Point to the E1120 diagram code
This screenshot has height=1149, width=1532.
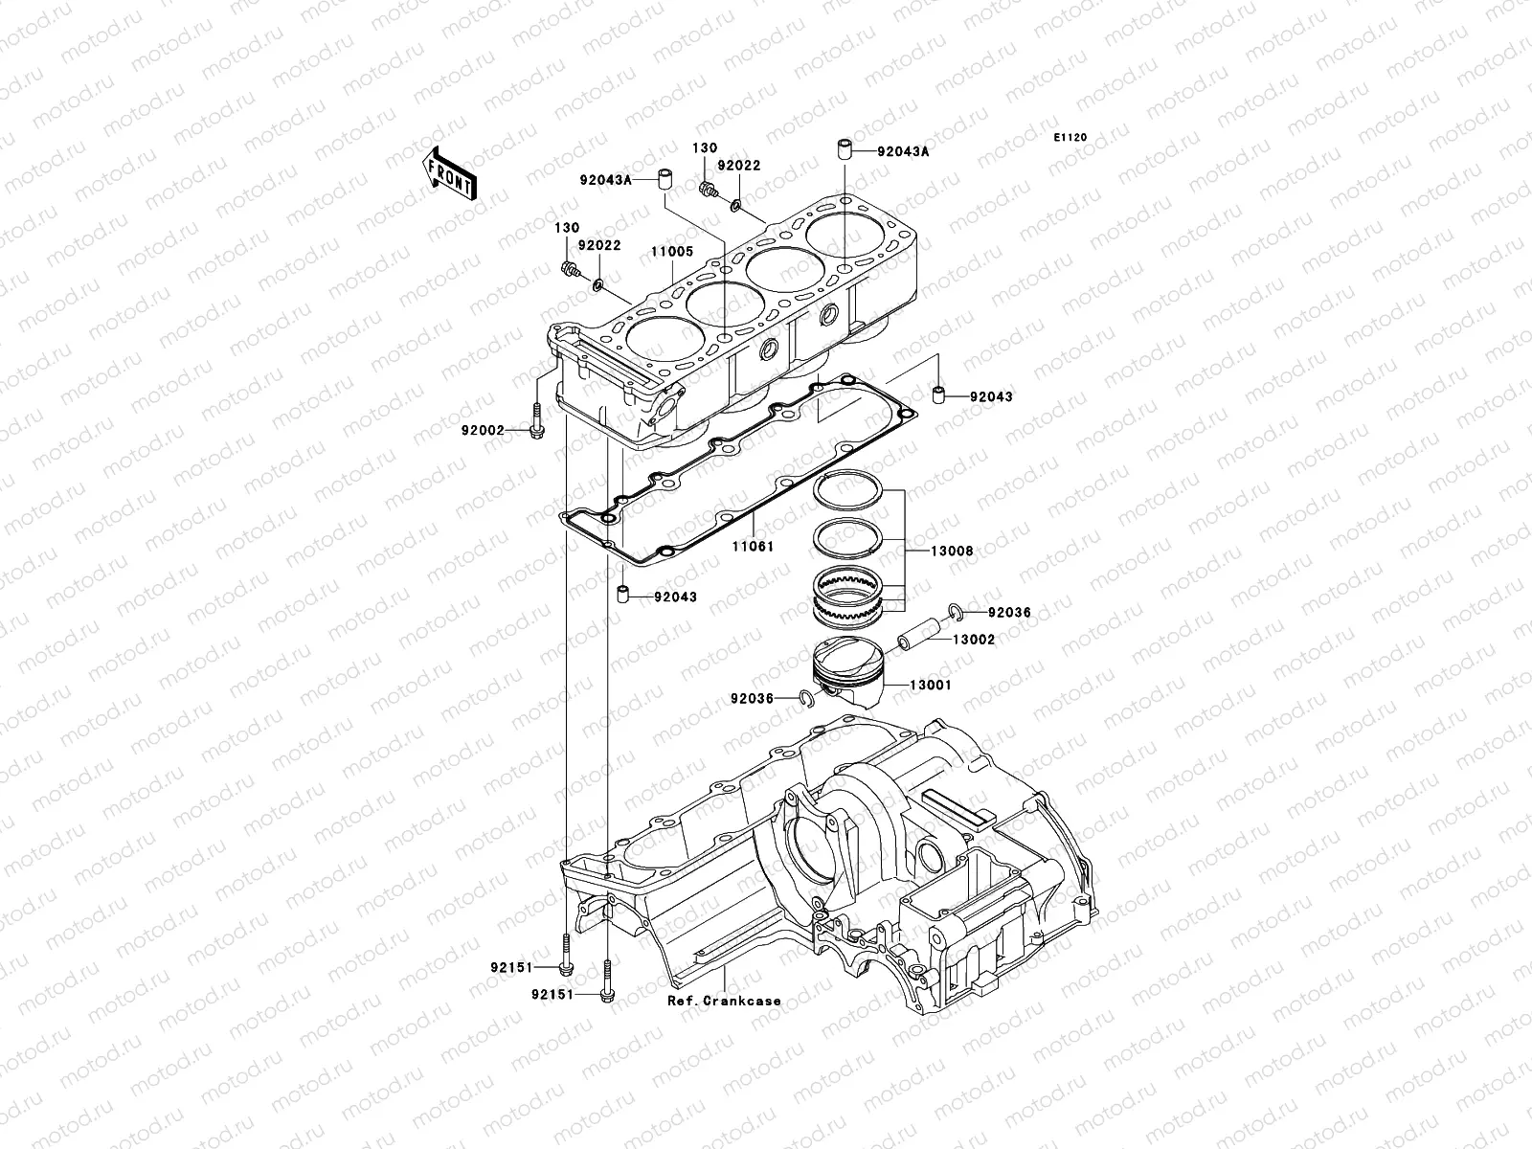tap(1070, 138)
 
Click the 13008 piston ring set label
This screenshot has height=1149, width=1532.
tap(954, 551)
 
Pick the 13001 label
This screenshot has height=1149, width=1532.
tap(930, 686)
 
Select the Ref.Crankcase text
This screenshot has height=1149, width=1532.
tap(724, 1001)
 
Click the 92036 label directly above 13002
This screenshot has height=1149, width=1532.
tap(1009, 612)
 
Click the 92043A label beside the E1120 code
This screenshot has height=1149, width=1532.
tap(904, 151)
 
